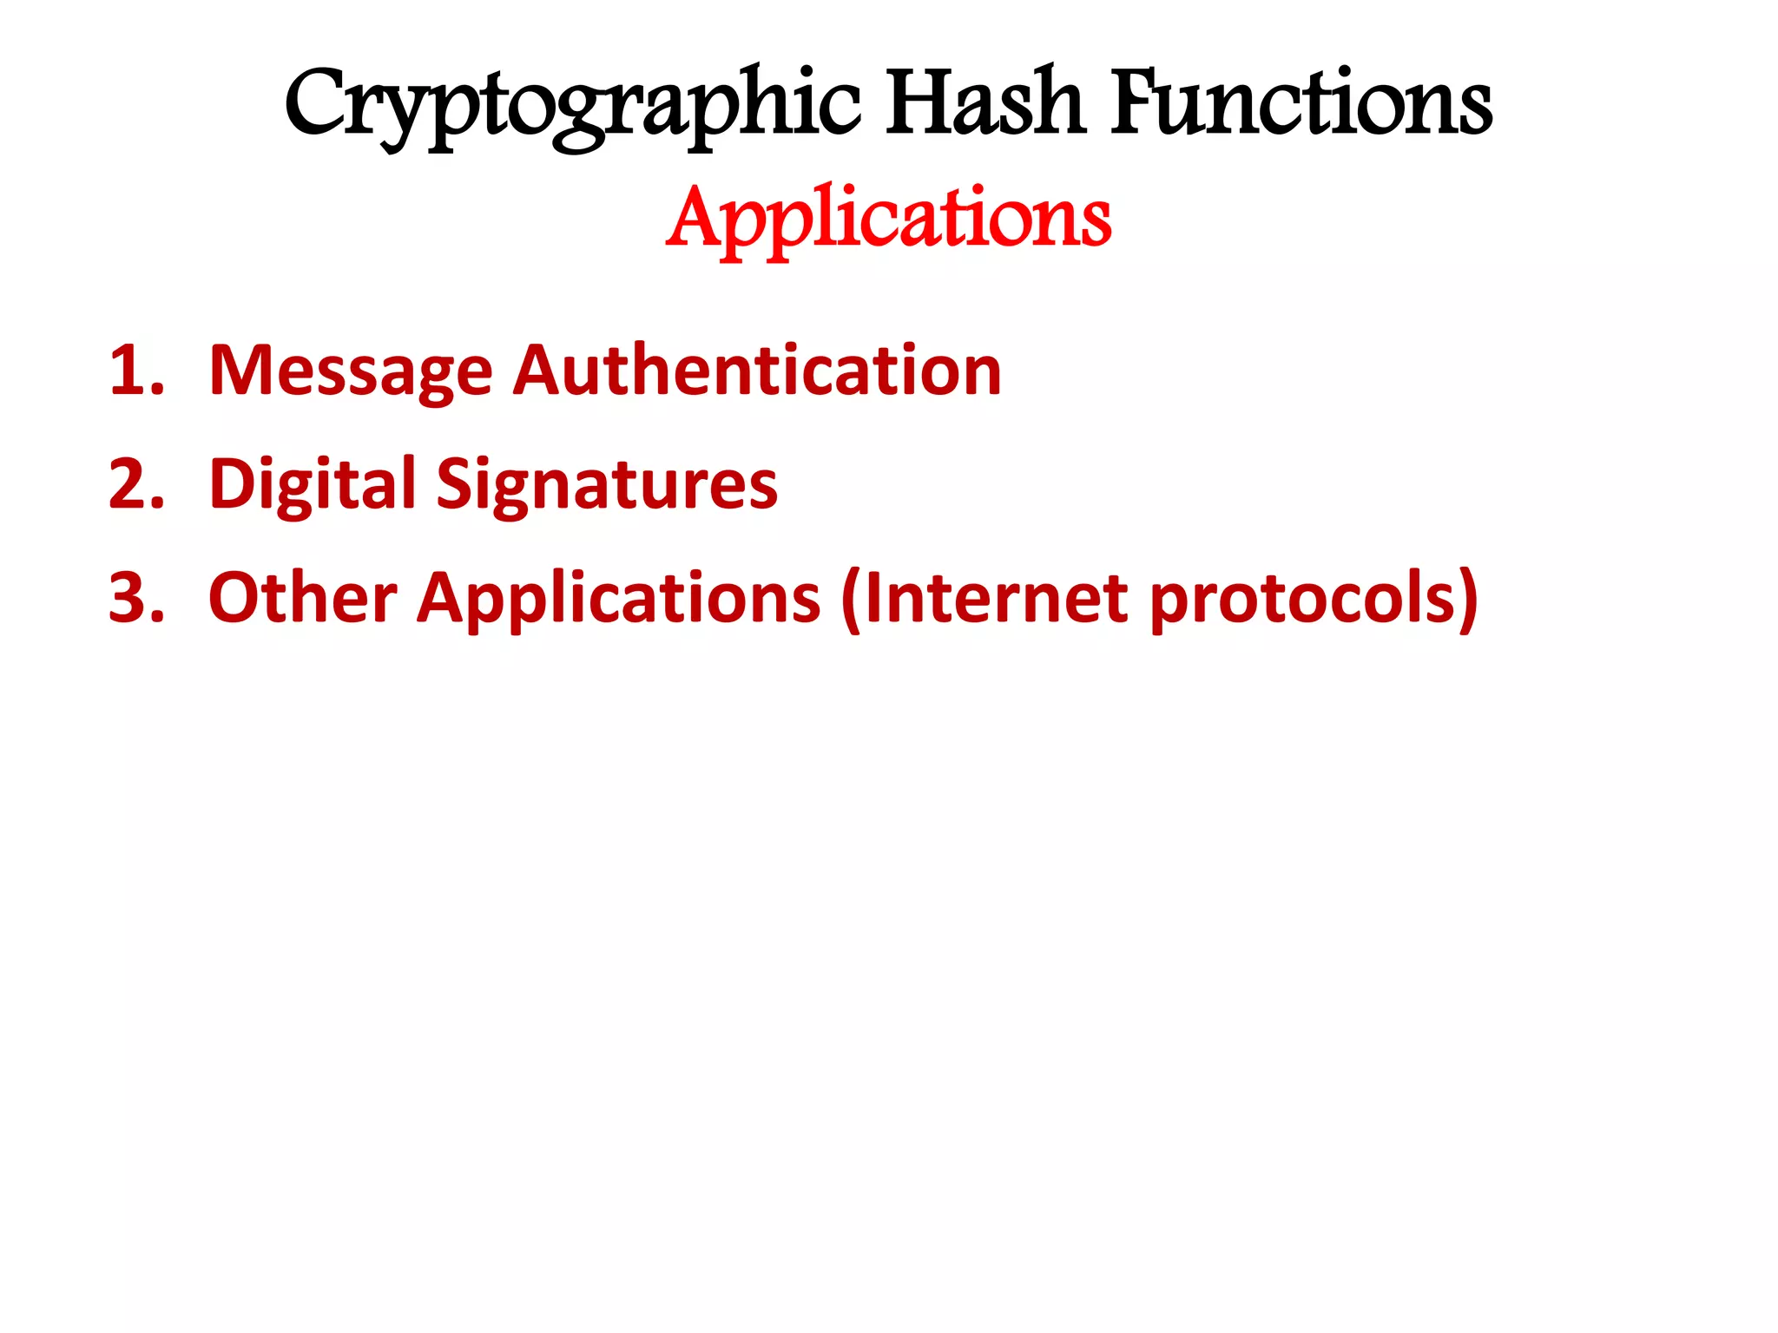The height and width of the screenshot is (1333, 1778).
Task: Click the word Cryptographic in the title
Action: tap(573, 106)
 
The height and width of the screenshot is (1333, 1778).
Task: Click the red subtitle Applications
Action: tap(889, 219)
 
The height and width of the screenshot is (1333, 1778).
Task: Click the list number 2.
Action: tap(135, 484)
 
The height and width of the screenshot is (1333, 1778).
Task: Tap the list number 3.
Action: tap(135, 598)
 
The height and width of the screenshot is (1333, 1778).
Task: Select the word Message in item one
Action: tap(351, 371)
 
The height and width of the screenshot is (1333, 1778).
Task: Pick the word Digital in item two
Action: tap(313, 484)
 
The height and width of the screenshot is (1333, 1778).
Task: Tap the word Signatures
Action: tap(606, 484)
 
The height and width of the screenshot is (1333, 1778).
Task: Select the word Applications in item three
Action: tap(618, 599)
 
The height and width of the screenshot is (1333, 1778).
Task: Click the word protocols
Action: tap(1302, 599)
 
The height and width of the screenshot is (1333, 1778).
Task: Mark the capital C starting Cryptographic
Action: tap(315, 104)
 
